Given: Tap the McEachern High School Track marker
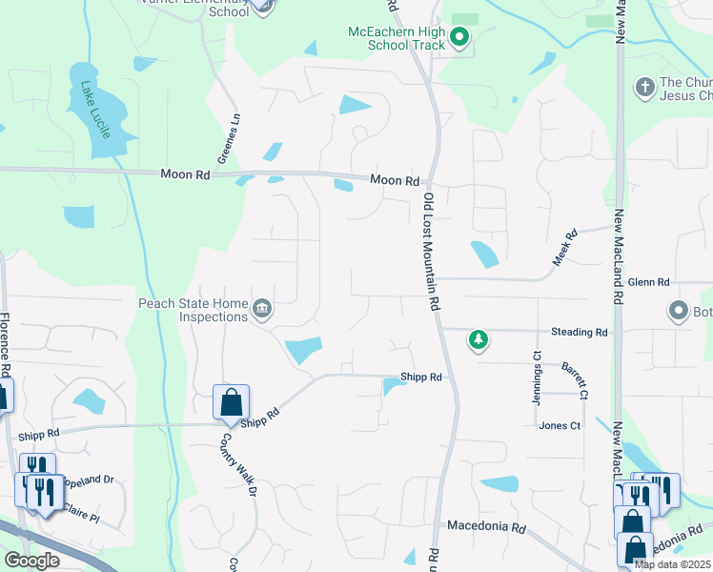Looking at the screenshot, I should pyautogui.click(x=458, y=38).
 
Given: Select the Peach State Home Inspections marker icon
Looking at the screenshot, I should pyautogui.click(x=262, y=308).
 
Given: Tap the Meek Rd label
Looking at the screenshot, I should pyautogui.click(x=565, y=248).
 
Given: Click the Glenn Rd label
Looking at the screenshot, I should pyautogui.click(x=649, y=282).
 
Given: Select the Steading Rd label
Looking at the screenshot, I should pyautogui.click(x=579, y=332).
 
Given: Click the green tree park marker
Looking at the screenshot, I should pyautogui.click(x=478, y=338).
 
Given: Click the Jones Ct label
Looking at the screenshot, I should pyautogui.click(x=560, y=425).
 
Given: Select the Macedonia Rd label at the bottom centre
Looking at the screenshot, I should pyautogui.click(x=487, y=526).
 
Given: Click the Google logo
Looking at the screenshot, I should pyautogui.click(x=31, y=561).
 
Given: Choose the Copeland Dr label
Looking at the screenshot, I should pyautogui.click(x=92, y=480).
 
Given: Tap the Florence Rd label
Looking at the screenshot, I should pyautogui.click(x=5, y=344).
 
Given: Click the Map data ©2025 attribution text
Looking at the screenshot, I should pyautogui.click(x=672, y=564).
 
